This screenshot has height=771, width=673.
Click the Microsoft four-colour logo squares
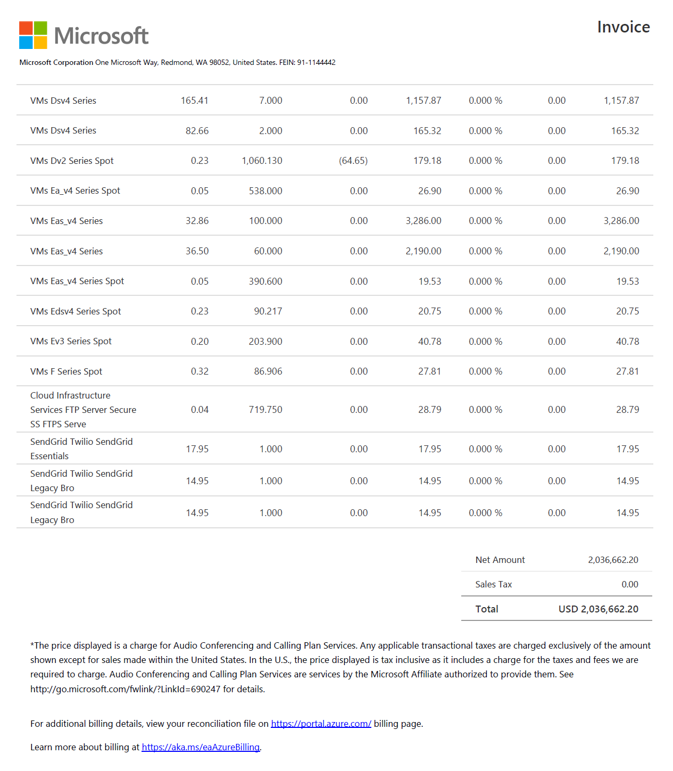(x=33, y=35)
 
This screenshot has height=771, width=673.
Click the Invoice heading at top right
(x=623, y=27)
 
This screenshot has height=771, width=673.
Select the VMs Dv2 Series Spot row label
(x=72, y=161)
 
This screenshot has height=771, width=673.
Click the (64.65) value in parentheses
(x=353, y=161)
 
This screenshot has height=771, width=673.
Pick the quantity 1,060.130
(x=262, y=161)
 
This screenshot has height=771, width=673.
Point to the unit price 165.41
(x=194, y=101)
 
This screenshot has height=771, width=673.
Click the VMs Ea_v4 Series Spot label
(x=75, y=191)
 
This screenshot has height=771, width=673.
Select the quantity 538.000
(x=265, y=191)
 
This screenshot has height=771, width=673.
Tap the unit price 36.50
(x=197, y=251)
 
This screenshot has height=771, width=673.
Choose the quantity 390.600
(x=265, y=281)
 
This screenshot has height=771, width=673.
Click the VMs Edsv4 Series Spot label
(x=76, y=311)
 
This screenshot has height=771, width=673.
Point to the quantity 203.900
(x=265, y=342)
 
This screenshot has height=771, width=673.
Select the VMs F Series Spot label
(x=66, y=371)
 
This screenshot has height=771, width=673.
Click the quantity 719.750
(x=265, y=410)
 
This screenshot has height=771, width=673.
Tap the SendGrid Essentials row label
(x=81, y=449)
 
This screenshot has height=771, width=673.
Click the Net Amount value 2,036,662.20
(x=613, y=560)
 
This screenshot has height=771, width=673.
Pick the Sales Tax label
(x=493, y=584)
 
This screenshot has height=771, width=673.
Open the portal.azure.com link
(x=321, y=724)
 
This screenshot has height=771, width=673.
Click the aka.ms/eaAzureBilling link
(x=201, y=747)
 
